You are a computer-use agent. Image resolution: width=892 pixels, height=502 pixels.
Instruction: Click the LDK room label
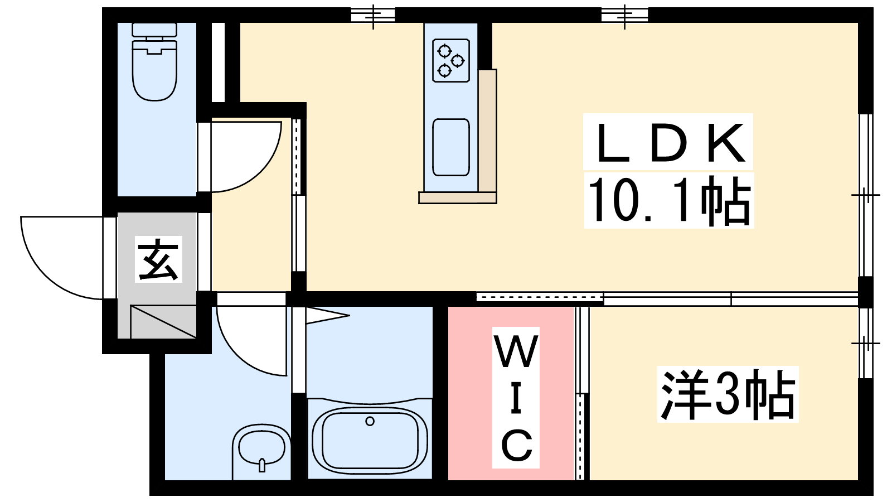668,142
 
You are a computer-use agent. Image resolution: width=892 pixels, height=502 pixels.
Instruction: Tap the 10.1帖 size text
669,200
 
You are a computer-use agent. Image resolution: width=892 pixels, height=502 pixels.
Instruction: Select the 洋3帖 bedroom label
728,394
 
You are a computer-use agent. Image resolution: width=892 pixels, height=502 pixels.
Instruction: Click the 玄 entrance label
158,259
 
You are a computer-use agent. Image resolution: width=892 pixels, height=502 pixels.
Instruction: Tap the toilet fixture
154,61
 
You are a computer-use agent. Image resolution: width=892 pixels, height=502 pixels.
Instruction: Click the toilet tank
154,30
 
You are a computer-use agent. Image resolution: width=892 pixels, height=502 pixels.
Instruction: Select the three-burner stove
451,61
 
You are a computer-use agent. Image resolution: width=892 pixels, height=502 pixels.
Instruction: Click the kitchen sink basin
451,147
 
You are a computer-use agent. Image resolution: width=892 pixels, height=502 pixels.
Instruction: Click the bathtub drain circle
370,421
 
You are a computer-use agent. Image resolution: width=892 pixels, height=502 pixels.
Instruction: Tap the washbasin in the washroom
261,448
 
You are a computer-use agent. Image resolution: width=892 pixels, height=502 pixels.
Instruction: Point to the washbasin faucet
262,465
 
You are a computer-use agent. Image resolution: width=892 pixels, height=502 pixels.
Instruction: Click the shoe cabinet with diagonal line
163,321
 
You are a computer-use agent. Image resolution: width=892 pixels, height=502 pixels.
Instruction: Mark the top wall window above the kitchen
373,15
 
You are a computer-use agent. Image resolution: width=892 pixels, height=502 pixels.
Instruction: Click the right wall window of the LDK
865,195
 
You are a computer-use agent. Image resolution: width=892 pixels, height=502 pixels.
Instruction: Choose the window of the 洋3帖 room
865,342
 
